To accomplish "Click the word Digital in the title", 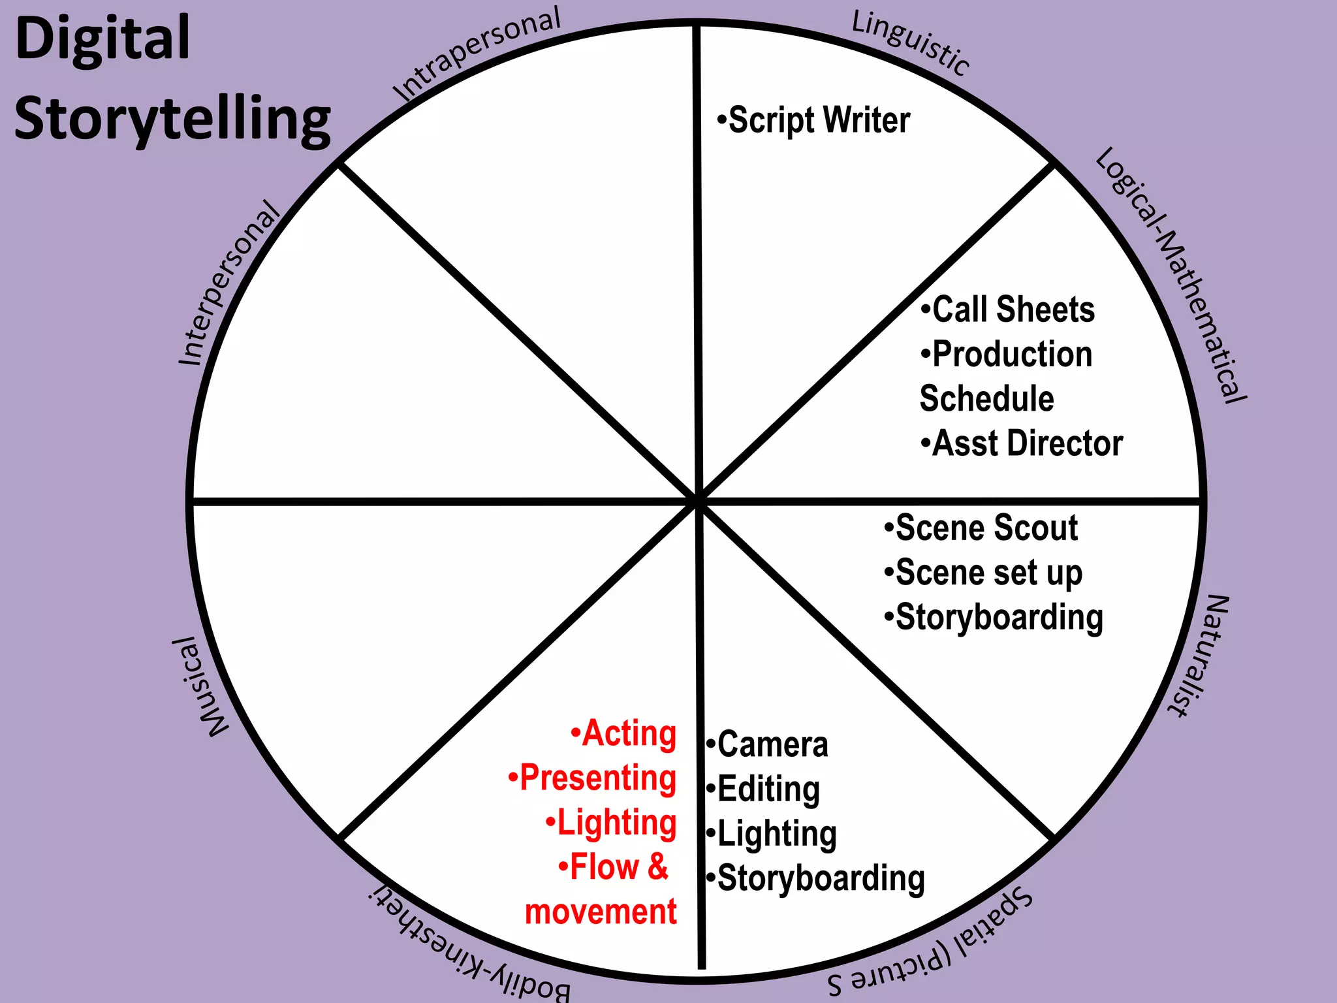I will click(x=102, y=39).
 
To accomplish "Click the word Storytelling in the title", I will click(x=172, y=119).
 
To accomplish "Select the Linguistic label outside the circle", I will click(x=910, y=43).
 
